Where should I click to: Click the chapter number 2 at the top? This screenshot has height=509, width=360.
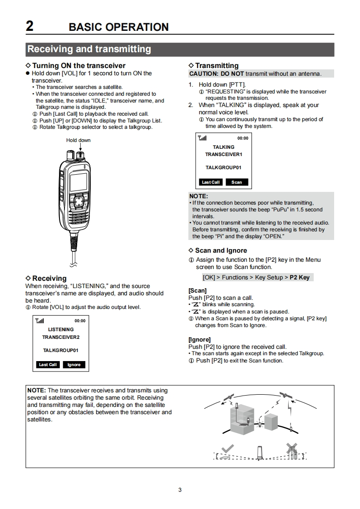30,26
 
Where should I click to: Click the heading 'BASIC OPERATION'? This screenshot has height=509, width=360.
118,27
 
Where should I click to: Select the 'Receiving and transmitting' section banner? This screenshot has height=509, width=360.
89,49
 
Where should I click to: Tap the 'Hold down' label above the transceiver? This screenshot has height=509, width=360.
78,140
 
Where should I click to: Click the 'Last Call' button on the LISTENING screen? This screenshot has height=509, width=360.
48,364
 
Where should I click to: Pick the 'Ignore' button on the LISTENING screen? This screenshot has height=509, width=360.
74,364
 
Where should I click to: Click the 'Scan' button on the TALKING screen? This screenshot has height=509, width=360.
237,182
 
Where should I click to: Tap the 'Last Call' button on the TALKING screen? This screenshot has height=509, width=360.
211,182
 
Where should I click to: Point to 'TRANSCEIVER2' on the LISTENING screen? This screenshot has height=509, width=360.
61,337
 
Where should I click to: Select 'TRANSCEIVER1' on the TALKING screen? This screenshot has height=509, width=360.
223,154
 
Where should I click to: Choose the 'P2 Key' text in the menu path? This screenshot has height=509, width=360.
300,277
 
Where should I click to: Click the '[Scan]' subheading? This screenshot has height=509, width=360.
197,290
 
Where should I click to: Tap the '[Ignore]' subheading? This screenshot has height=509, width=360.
200,339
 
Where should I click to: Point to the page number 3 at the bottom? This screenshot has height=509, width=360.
180,490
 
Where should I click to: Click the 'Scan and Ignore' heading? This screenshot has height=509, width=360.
221,250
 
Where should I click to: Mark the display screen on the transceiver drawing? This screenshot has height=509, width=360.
78,182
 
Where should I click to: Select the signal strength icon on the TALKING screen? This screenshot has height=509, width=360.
202,138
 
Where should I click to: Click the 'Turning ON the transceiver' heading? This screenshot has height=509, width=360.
79,66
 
